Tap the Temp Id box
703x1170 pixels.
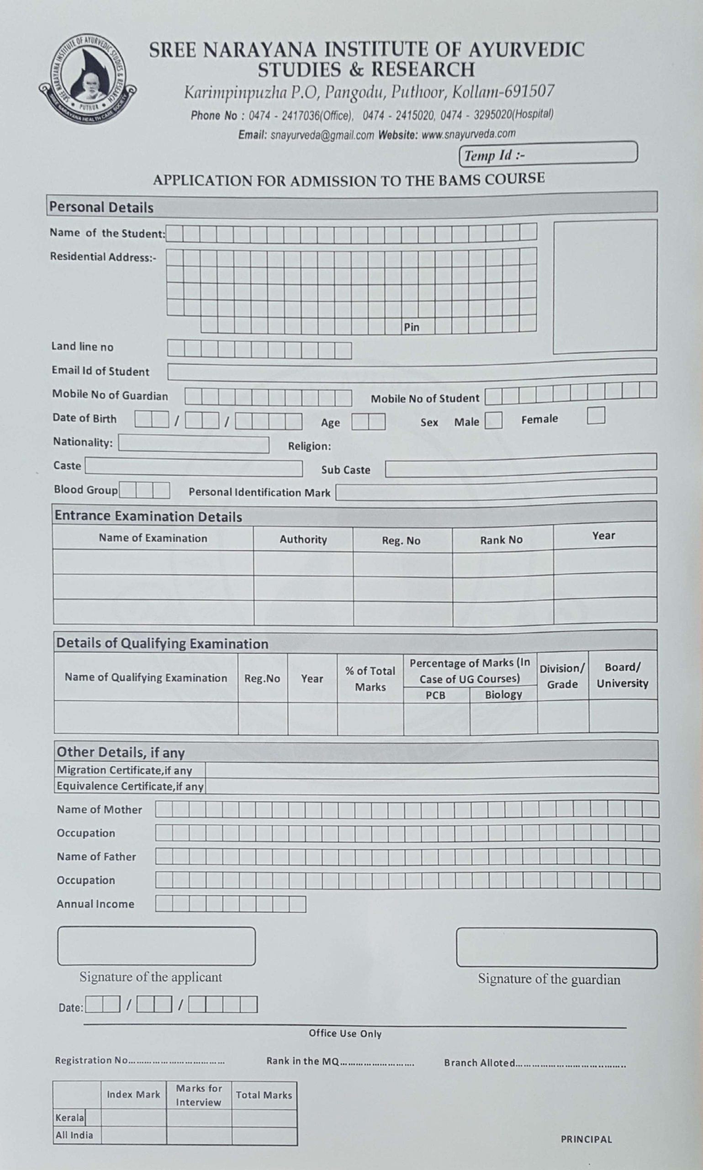click(x=548, y=154)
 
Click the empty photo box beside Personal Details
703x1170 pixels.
click(x=605, y=286)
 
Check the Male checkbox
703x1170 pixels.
click(x=493, y=420)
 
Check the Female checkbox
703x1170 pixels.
click(x=596, y=415)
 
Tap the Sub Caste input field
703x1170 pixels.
click(x=520, y=465)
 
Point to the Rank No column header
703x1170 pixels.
click(x=501, y=540)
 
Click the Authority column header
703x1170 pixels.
click(x=303, y=539)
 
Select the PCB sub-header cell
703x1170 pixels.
click(x=435, y=695)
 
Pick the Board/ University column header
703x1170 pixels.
click(x=622, y=675)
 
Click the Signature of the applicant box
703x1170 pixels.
click(x=156, y=946)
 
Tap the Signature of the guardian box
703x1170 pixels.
click(x=556, y=948)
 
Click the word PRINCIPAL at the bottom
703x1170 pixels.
click(x=586, y=1139)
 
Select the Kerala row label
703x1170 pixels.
click(x=69, y=1118)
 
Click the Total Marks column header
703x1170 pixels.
click(x=264, y=1095)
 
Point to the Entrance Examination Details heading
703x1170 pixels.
click(x=148, y=516)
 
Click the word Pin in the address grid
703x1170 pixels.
click(x=411, y=327)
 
